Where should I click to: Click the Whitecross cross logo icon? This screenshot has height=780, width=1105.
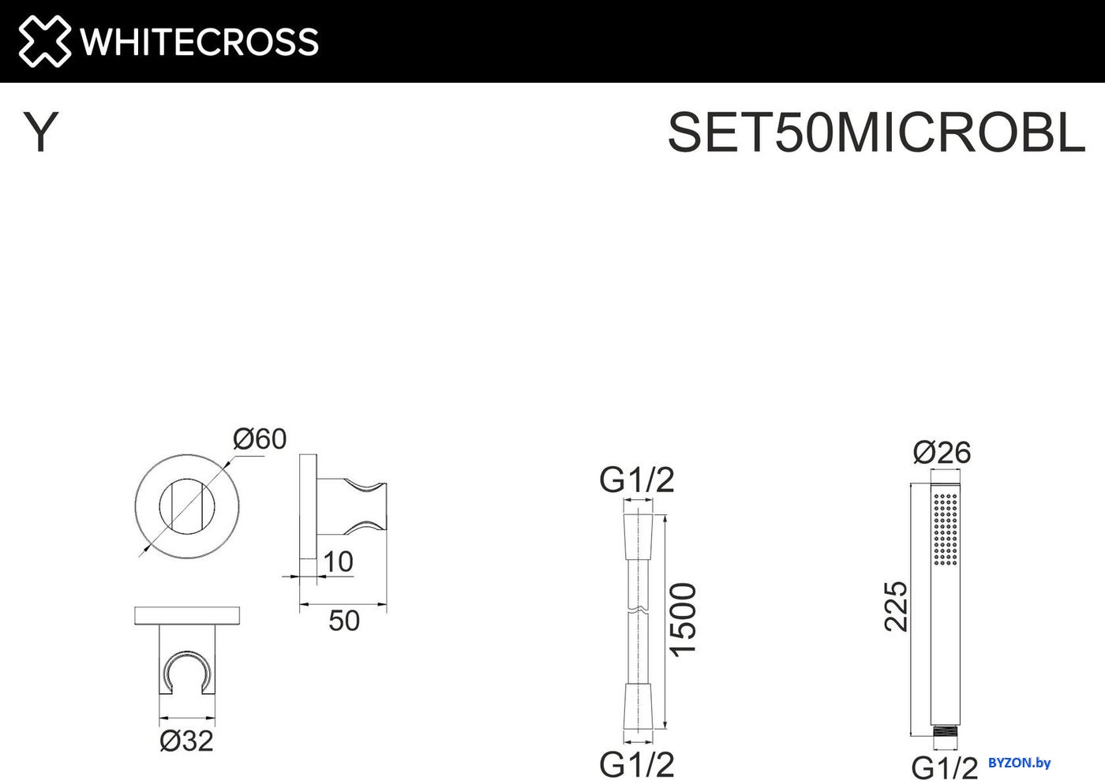(x=44, y=41)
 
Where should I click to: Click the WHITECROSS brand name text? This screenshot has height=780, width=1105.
(x=200, y=42)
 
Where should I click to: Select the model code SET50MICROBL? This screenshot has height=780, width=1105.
(x=876, y=132)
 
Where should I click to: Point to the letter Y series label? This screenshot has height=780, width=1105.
(x=40, y=132)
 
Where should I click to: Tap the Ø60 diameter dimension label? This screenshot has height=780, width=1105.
(x=260, y=439)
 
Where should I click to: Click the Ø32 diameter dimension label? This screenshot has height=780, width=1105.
(x=186, y=741)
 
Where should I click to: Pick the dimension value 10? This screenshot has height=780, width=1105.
(x=339, y=562)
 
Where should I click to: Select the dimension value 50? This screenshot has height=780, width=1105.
(x=344, y=620)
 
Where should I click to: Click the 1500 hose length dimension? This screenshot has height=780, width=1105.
(x=684, y=620)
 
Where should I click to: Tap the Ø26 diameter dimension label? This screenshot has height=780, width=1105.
(x=942, y=452)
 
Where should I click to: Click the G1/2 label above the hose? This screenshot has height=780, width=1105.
(x=636, y=480)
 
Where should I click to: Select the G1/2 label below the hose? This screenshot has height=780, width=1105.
(x=636, y=764)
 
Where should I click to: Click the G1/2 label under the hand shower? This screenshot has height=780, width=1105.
(x=944, y=767)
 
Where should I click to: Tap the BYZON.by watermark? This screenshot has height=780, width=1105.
(x=1020, y=762)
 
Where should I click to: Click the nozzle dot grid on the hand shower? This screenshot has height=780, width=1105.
(x=946, y=528)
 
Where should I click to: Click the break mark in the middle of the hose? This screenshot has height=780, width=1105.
(x=639, y=610)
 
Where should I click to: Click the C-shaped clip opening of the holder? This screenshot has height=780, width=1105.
(x=187, y=671)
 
